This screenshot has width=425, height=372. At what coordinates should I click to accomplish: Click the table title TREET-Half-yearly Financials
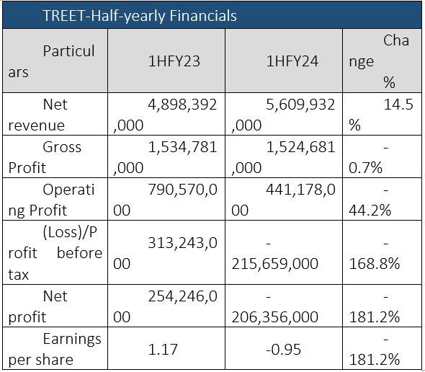click(x=140, y=16)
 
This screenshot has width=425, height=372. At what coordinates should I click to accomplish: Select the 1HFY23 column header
click(x=174, y=61)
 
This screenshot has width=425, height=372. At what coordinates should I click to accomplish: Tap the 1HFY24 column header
click(x=292, y=61)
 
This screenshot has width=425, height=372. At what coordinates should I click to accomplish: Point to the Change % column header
click(x=379, y=61)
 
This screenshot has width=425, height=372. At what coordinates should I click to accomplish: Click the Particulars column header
click(x=51, y=61)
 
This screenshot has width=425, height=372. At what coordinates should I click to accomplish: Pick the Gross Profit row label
click(x=45, y=157)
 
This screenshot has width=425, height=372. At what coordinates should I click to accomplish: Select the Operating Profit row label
click(x=51, y=200)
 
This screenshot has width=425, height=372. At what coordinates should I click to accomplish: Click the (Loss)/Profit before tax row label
click(x=55, y=253)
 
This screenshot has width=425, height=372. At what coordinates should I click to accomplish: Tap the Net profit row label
click(x=37, y=306)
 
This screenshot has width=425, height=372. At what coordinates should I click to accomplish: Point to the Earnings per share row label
click(x=55, y=349)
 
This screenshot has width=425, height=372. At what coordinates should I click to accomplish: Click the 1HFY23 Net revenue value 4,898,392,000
click(x=165, y=115)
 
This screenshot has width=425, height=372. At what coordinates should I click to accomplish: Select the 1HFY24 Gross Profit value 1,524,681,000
click(x=283, y=157)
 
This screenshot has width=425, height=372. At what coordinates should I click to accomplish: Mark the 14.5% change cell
click(x=381, y=115)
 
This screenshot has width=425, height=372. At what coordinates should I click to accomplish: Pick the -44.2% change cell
click(x=370, y=200)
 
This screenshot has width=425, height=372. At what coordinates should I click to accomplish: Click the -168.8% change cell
click(x=375, y=253)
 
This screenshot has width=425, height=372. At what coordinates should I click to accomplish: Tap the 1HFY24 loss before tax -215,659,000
click(x=275, y=253)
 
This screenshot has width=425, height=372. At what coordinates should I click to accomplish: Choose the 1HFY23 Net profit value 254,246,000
click(x=165, y=306)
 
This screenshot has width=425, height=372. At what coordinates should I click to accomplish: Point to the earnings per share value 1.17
click(x=163, y=349)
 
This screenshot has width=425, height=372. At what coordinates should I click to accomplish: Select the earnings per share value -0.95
click(x=284, y=349)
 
